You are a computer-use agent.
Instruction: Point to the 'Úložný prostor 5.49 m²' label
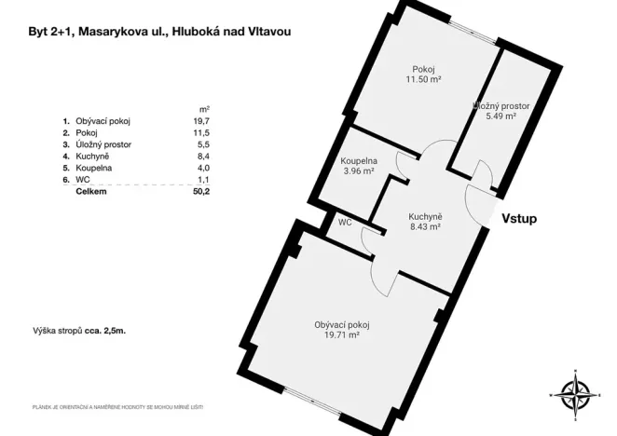(x=501, y=112)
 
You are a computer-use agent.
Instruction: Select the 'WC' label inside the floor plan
(x=345, y=223)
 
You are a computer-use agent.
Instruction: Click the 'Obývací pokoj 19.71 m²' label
(x=336, y=330)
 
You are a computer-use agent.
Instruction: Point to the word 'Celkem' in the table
(x=92, y=192)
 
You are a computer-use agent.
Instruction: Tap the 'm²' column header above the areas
(x=204, y=108)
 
